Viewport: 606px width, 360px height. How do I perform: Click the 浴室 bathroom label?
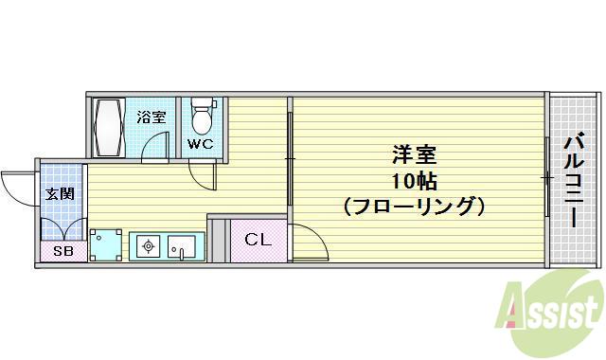click(x=151, y=117)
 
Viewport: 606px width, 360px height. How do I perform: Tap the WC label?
click(x=199, y=144)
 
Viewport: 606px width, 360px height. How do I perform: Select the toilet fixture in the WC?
click(x=200, y=117)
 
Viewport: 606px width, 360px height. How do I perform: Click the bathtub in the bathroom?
click(x=108, y=128)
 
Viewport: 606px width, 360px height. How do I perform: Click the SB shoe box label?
click(x=62, y=251)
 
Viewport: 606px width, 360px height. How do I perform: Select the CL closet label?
click(x=258, y=240)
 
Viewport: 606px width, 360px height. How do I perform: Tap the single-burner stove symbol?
click(x=148, y=248)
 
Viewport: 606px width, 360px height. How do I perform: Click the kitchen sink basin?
click(x=181, y=248)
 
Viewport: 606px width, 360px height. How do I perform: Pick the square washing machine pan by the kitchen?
click(x=106, y=245)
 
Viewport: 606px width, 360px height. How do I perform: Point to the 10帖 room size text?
click(x=414, y=179)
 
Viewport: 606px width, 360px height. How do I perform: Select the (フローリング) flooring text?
click(x=414, y=205)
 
